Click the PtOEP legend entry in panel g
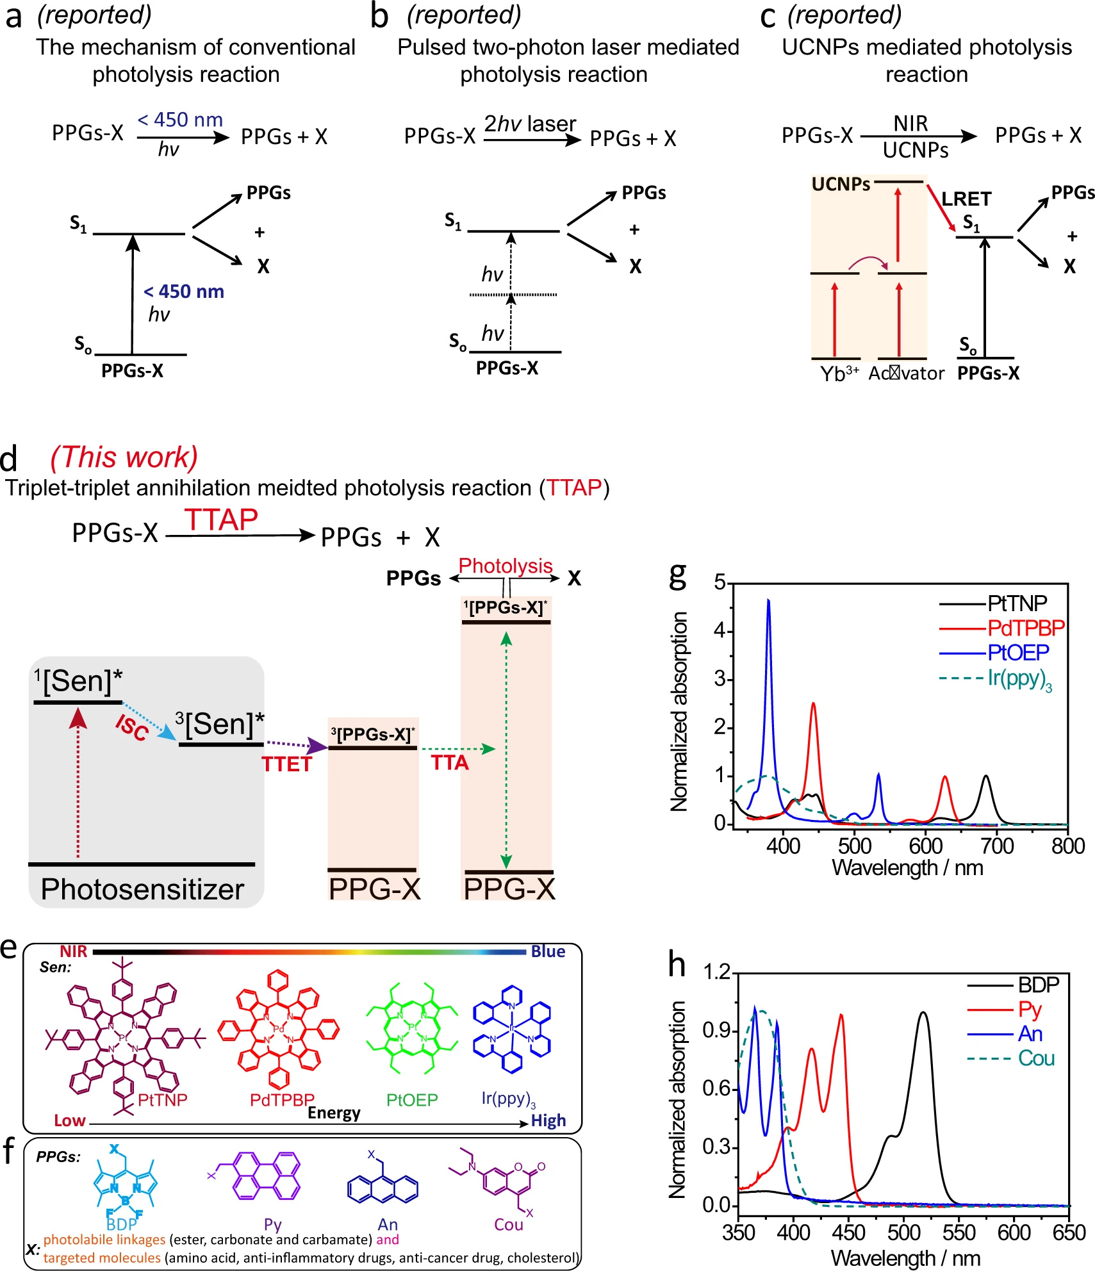click(x=1017, y=653)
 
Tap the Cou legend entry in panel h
click(x=1036, y=1058)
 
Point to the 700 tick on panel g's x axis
click(x=997, y=846)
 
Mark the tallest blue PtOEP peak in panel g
click(x=768, y=601)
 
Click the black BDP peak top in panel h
click(x=923, y=1013)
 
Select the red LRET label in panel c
click(x=966, y=199)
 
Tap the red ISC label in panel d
click(x=132, y=728)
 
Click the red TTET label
click(x=286, y=764)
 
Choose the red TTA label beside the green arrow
click(x=450, y=763)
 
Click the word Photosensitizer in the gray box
click(x=142, y=889)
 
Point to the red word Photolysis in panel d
click(x=505, y=566)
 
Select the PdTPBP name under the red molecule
click(x=282, y=1099)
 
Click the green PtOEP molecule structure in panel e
click(x=412, y=1030)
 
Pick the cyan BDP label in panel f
click(x=122, y=1224)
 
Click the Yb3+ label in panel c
click(x=839, y=373)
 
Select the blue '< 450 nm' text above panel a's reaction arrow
click(x=180, y=120)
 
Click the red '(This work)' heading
click(x=124, y=457)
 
